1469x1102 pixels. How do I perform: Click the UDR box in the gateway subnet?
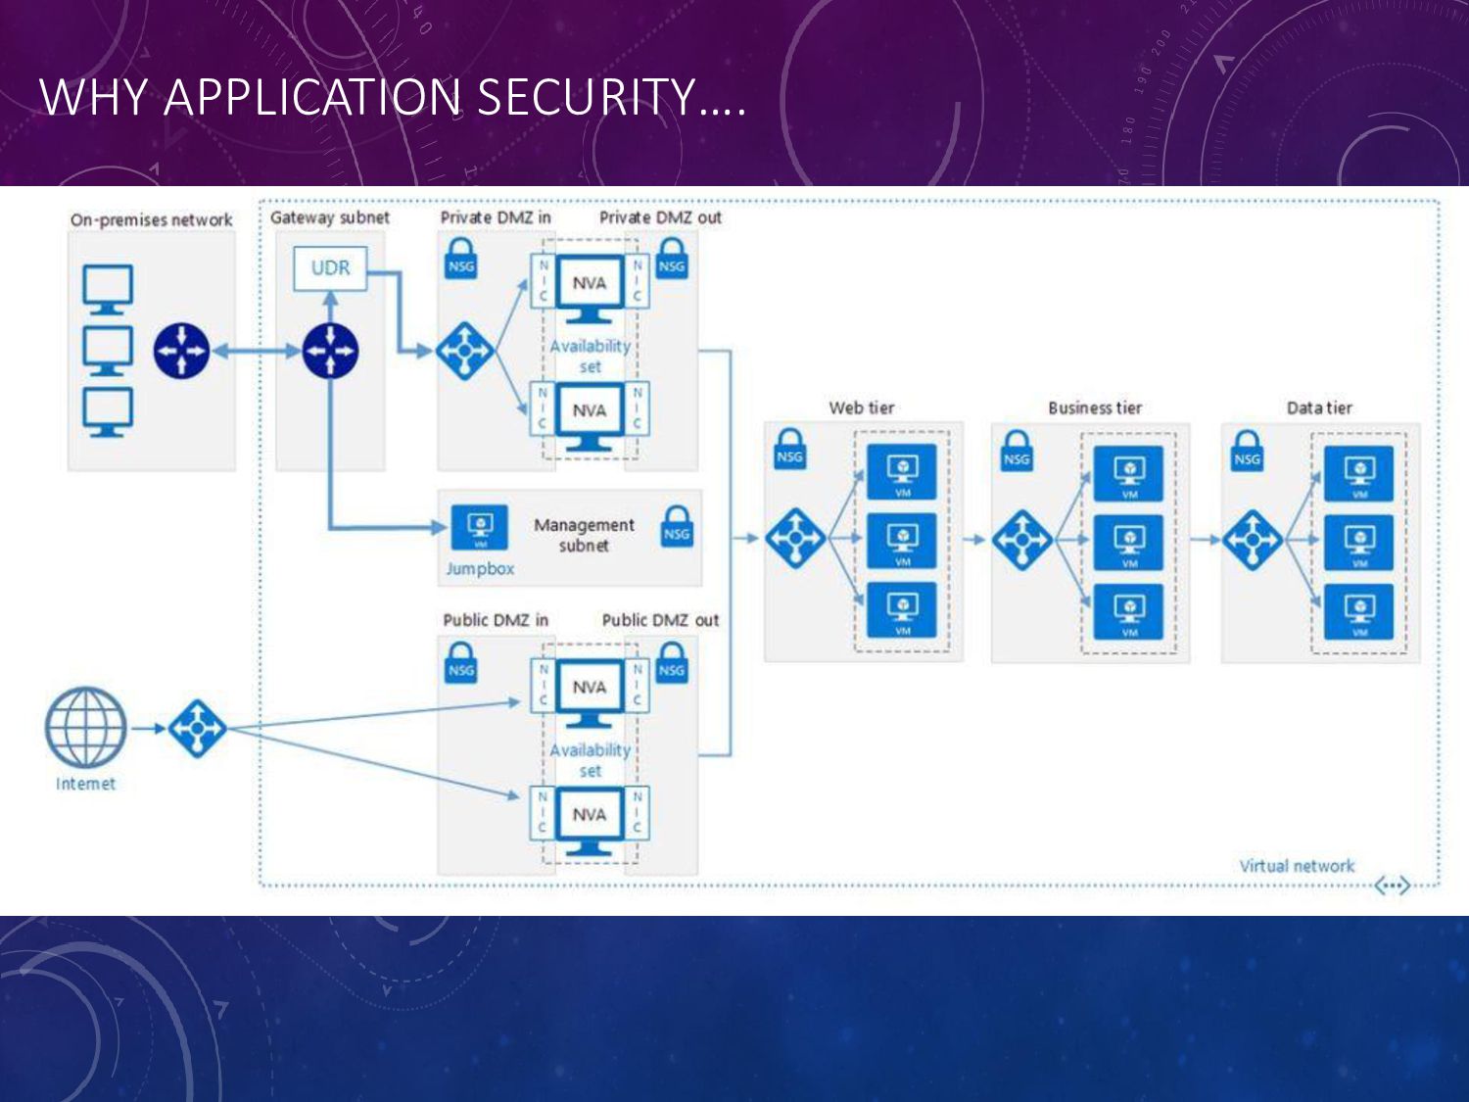[330, 268]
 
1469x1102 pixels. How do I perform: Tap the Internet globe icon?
[86, 728]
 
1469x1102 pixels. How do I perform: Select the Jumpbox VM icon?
[479, 528]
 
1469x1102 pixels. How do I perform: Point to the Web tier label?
[861, 407]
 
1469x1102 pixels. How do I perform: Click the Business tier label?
[1094, 407]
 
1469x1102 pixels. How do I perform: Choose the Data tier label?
[1318, 407]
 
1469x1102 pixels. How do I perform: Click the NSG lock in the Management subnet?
[677, 526]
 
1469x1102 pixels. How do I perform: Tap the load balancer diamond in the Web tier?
[795, 538]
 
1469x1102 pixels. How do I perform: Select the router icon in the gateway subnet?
[330, 351]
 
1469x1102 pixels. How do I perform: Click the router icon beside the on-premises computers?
[181, 351]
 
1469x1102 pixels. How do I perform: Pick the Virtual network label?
[1296, 866]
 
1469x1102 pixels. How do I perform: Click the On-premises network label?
[151, 219]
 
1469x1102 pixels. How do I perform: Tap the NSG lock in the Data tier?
[1247, 452]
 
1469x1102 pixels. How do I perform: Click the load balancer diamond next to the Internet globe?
[197, 728]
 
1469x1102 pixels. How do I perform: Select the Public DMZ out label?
[660, 620]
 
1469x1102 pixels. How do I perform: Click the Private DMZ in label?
[496, 217]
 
